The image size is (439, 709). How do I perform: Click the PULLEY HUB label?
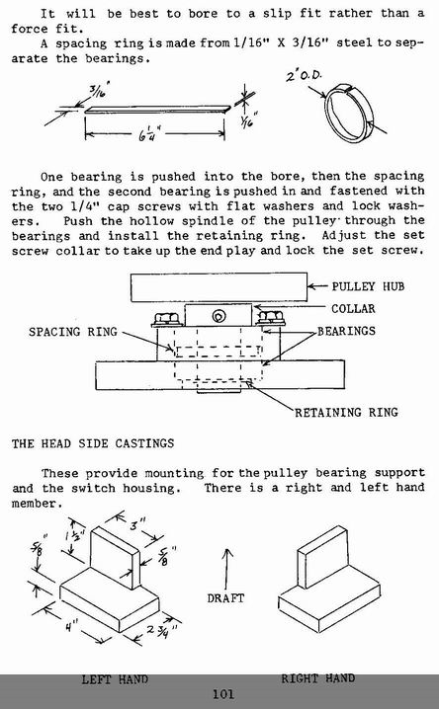tap(368, 286)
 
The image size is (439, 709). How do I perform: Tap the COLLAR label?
tap(353, 309)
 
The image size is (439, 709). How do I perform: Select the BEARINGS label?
tap(346, 331)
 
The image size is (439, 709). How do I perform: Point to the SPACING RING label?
tap(73, 332)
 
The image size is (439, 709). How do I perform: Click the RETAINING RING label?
tap(346, 413)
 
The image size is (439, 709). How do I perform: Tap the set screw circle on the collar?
tap(219, 316)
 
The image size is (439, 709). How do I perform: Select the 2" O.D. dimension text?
tap(304, 75)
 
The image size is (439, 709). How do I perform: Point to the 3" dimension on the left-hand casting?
tap(135, 525)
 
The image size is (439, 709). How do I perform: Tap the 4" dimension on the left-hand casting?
tap(70, 627)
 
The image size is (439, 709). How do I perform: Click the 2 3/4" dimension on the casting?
tap(161, 630)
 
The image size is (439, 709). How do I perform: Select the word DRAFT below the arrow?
tap(225, 598)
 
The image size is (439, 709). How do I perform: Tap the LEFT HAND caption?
tap(115, 679)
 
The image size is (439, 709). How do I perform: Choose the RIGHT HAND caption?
tap(317, 678)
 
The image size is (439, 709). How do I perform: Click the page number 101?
tap(223, 694)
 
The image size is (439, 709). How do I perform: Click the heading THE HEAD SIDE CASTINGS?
tap(93, 443)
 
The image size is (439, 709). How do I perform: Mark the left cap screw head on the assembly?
tap(166, 318)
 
